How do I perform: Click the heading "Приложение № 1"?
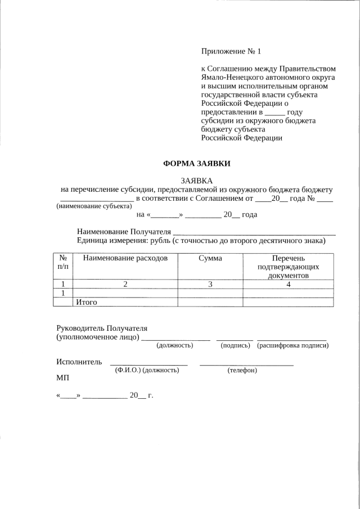pyautogui.click(x=231, y=52)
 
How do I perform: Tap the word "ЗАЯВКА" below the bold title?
pyautogui.click(x=196, y=181)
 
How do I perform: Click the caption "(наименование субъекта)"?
pyautogui.click(x=90, y=206)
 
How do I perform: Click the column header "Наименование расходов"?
pyautogui.click(x=125, y=258)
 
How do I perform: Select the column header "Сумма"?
pyautogui.click(x=210, y=258)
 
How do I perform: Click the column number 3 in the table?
pyautogui.click(x=210, y=284)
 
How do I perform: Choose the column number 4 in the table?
pyautogui.click(x=287, y=284)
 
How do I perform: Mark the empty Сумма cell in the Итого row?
pyautogui.click(x=210, y=302)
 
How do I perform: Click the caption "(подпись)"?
pyautogui.click(x=235, y=345)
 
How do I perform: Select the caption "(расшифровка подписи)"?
pyautogui.click(x=292, y=345)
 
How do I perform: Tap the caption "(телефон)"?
pyautogui.click(x=242, y=370)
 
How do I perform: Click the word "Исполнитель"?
pyautogui.click(x=79, y=361)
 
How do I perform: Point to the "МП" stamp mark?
pyautogui.click(x=62, y=379)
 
